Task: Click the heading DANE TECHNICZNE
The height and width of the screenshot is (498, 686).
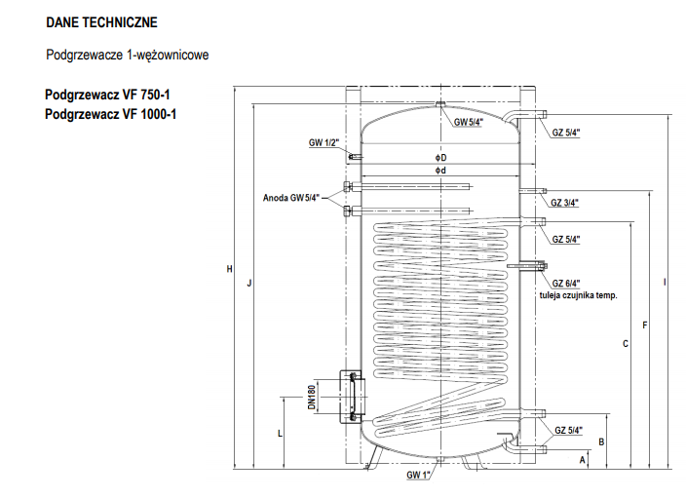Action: [x=100, y=21]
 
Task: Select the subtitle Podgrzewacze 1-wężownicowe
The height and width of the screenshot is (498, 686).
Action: [x=127, y=56]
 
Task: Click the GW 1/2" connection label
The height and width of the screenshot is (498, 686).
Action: [x=324, y=143]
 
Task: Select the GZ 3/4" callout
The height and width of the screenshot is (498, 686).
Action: [x=565, y=203]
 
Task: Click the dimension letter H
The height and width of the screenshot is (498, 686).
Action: [x=230, y=270]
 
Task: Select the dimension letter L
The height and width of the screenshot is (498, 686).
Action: [x=281, y=431]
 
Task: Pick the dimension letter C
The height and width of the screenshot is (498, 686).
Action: [x=626, y=343]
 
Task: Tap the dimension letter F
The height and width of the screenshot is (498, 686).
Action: [x=645, y=325]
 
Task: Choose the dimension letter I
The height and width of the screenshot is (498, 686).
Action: [x=665, y=283]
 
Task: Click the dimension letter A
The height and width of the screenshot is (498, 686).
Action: [x=583, y=457]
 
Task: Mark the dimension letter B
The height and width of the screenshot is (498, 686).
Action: [x=602, y=441]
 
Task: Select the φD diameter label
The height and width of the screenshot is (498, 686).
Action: [x=440, y=157]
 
